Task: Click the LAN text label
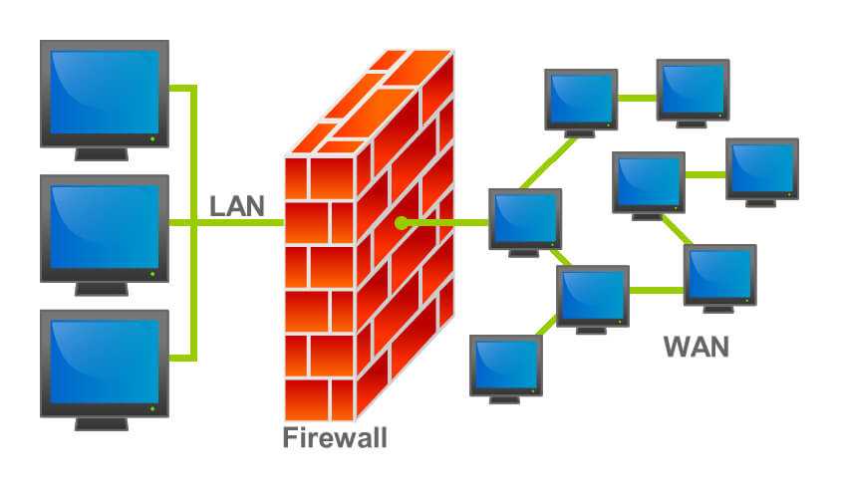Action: pyautogui.click(x=237, y=206)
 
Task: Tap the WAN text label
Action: pyautogui.click(x=696, y=348)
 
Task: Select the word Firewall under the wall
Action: pyautogui.click(x=334, y=437)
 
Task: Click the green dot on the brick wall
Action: pyautogui.click(x=400, y=222)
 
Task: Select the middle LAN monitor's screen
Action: pyautogui.click(x=104, y=227)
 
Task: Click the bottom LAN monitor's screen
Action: pyautogui.click(x=104, y=360)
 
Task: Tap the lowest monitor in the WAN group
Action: pyautogui.click(x=505, y=366)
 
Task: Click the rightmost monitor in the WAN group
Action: pyautogui.click(x=761, y=166)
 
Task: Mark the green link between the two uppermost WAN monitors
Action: pyautogui.click(x=637, y=98)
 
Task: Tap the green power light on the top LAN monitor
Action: pyautogui.click(x=152, y=137)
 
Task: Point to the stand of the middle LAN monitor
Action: pyautogui.click(x=103, y=288)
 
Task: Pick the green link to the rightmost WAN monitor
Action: pyautogui.click(x=704, y=174)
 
